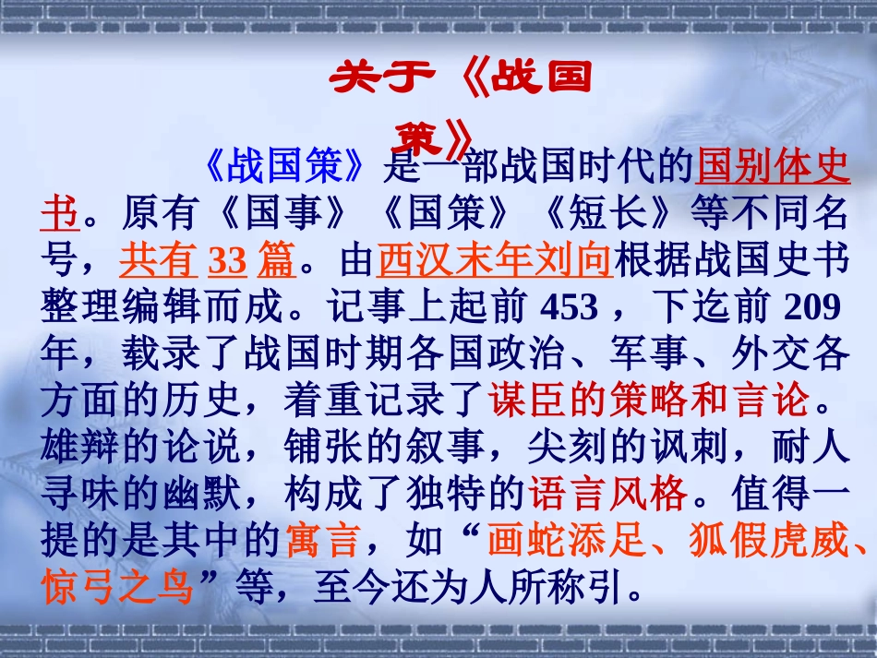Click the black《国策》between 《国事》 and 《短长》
446,215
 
